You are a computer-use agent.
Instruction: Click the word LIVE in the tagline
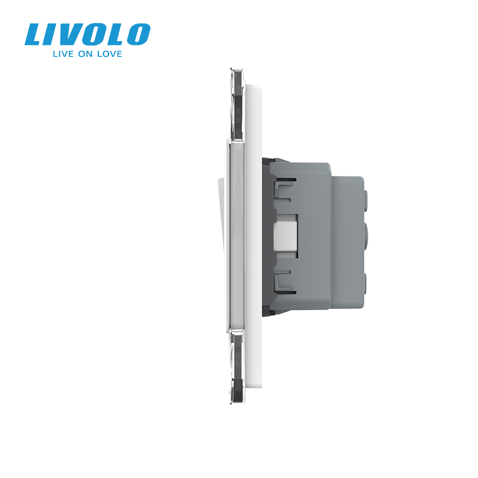64,54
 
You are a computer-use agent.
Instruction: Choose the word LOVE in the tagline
109,54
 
